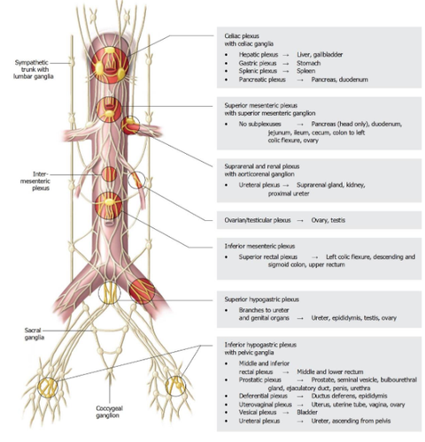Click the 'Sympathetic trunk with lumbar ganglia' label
pyautogui.click(x=34, y=69)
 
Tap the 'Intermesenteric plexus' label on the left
pyautogui.click(x=35, y=181)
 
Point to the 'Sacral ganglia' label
pyautogui.click(x=35, y=334)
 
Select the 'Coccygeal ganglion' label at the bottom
pyautogui.click(x=109, y=412)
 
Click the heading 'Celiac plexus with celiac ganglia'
pyautogui.click(x=249, y=40)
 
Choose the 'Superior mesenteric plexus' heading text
pyautogui.click(x=261, y=105)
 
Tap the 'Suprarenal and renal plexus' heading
pyautogui.click(x=262, y=166)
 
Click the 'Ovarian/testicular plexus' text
pyautogui.click(x=258, y=220)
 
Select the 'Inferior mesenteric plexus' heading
pyautogui.click(x=259, y=246)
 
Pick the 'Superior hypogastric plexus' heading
pyautogui.click(x=262, y=300)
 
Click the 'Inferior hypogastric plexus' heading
pyautogui.click(x=260, y=345)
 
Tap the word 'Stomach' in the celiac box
pyautogui.click(x=308, y=63)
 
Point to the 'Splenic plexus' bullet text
pyautogui.click(x=258, y=71)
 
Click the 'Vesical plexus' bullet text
pyautogui.click(x=258, y=412)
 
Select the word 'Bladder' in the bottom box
pyautogui.click(x=307, y=412)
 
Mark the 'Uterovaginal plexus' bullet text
pyautogui.click(x=266, y=405)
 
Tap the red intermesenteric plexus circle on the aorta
pyautogui.click(x=109, y=174)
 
